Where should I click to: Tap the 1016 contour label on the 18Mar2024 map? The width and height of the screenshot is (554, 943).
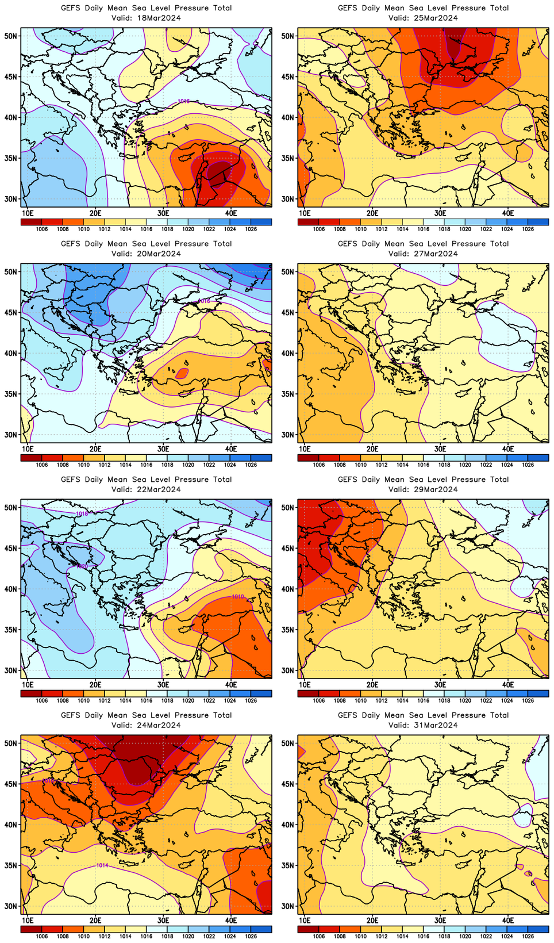click(184, 101)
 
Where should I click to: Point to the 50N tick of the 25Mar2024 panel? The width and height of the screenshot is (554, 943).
click(287, 36)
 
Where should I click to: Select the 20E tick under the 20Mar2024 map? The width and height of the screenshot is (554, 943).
click(95, 448)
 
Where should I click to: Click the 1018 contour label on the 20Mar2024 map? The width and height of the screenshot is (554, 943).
click(204, 301)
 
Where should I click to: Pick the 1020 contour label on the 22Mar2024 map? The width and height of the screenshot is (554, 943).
click(82, 566)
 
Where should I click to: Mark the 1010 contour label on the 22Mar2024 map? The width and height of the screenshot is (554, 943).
click(238, 597)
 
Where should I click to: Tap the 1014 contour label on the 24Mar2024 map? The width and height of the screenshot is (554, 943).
click(102, 865)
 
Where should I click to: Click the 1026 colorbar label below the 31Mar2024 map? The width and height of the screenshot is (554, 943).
click(528, 936)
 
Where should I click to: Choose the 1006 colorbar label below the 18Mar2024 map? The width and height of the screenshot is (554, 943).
click(42, 229)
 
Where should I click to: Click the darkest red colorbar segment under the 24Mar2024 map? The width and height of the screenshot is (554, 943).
click(31, 929)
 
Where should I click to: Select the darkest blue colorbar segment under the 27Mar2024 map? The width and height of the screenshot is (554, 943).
click(538, 458)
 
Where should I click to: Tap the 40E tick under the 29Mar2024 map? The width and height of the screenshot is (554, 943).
click(508, 684)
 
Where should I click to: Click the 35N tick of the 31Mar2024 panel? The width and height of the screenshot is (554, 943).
click(287, 865)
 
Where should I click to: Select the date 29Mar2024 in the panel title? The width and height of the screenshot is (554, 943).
click(435, 489)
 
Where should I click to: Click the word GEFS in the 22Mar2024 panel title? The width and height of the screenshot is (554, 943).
click(71, 480)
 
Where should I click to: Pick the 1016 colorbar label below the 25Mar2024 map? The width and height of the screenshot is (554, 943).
click(424, 229)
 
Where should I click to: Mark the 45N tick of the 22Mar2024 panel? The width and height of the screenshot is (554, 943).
click(10, 548)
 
